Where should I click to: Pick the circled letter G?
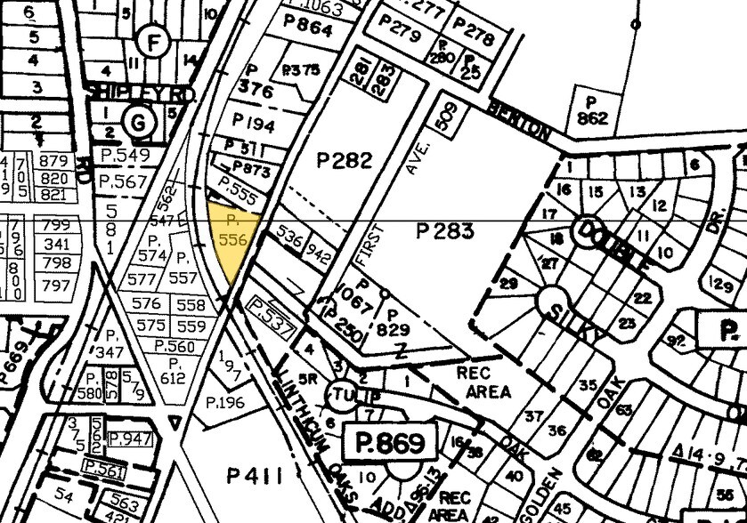point(139,123)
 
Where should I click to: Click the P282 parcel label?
point(344,160)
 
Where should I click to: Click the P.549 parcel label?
point(122,156)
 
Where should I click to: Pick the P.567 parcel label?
point(122,181)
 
